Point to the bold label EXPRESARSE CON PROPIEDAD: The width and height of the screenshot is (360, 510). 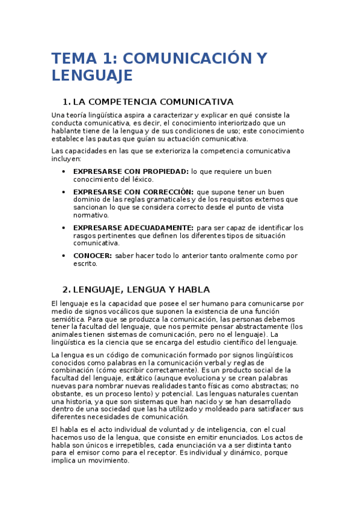point(130,171)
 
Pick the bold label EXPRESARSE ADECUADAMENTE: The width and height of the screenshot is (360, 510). point(133,228)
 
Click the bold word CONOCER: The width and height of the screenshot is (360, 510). point(93,256)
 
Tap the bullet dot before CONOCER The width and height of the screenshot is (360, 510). point(64,256)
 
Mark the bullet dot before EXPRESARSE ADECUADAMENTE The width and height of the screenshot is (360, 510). point(64,228)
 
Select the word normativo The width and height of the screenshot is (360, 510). point(91,215)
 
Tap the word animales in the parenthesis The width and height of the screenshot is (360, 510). point(67,335)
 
